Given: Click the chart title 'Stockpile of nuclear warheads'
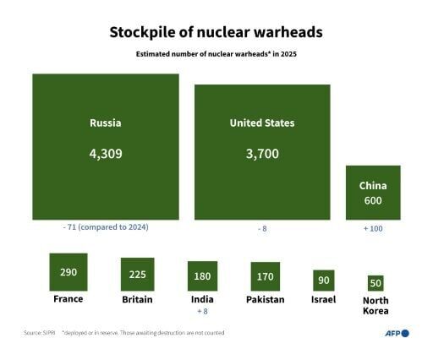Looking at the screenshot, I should [216, 33].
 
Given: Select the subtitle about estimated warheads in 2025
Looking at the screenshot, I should [216, 54].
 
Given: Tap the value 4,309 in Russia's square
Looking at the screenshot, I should [106, 155].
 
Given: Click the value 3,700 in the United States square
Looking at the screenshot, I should [262, 155].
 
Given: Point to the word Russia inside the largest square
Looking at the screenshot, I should [106, 123].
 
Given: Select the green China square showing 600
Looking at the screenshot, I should [373, 193].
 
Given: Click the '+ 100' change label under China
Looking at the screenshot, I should [373, 229].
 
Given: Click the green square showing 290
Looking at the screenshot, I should [69, 271].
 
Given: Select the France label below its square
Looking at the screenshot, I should [69, 299].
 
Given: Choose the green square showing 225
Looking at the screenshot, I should [137, 274].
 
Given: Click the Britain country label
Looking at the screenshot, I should [137, 299].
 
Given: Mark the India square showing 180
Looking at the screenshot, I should [202, 276].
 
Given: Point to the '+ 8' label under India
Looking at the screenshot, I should [202, 310].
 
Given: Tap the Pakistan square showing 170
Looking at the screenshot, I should [265, 276].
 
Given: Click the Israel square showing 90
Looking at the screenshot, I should [323, 281].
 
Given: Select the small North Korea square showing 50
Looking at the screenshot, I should [375, 283].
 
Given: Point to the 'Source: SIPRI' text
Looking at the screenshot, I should [39, 334].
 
